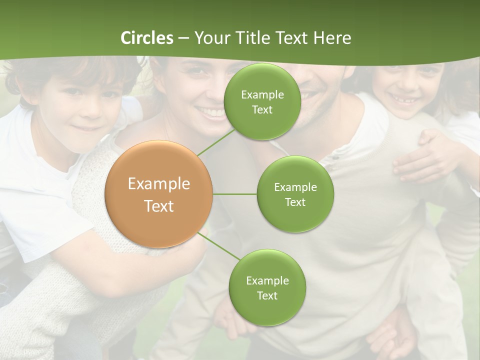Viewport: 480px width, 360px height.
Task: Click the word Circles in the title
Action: (x=147, y=38)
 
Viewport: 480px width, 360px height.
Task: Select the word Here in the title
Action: (x=332, y=38)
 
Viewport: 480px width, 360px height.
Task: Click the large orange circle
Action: (x=158, y=194)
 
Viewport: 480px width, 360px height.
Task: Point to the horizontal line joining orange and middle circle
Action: (x=234, y=194)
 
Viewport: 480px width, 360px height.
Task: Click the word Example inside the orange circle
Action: (x=158, y=184)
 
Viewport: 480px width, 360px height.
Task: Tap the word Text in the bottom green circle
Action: (x=267, y=295)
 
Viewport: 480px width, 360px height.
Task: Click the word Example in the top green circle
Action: (x=262, y=95)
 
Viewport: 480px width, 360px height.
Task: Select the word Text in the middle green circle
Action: (x=295, y=202)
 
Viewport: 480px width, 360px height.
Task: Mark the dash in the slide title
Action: (x=183, y=38)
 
